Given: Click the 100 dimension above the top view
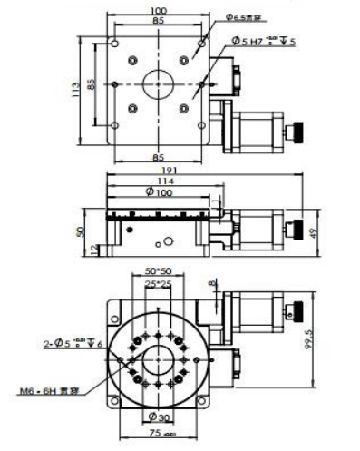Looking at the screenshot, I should coord(160,10).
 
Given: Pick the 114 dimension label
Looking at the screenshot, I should coord(160,181).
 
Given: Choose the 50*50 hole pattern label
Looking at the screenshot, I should coord(160,271).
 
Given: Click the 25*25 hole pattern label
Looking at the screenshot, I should coord(160,285).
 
